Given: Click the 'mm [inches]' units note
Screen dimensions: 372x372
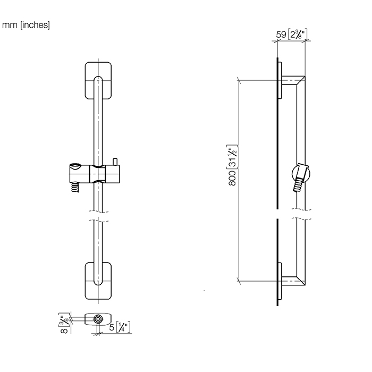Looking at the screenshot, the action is pyautogui.click(x=26, y=25).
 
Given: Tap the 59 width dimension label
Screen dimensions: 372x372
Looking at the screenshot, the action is pyautogui.click(x=292, y=34).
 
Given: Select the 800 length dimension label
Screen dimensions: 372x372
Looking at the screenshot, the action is pyautogui.click(x=232, y=165).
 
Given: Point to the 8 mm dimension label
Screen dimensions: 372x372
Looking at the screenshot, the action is pyautogui.click(x=64, y=323).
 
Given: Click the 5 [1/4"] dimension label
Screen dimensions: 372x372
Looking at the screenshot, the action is pyautogui.click(x=120, y=327).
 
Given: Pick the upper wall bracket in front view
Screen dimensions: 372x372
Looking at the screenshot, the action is pyautogui.click(x=98, y=81).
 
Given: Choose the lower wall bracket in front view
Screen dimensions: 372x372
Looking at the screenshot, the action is pyautogui.click(x=98, y=281).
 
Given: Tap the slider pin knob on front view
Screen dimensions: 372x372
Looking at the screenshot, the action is pyautogui.click(x=115, y=162).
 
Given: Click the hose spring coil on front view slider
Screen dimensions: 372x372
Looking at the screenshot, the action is pyautogui.click(x=75, y=187).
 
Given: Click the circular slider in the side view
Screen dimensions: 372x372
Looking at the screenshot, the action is pyautogui.click(x=301, y=174).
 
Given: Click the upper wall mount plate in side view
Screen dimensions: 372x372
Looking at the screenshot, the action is pyautogui.click(x=280, y=80).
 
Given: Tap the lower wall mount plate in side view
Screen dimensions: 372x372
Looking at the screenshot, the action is pyautogui.click(x=280, y=281).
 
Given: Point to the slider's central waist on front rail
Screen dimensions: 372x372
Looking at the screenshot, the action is pyautogui.click(x=97, y=174).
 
